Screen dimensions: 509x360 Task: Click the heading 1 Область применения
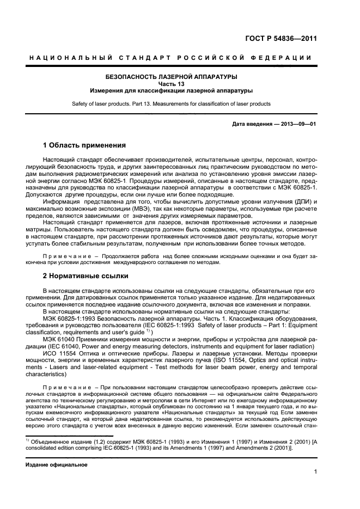tap(84, 146)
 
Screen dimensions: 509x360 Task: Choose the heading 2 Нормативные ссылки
tap(86, 275)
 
